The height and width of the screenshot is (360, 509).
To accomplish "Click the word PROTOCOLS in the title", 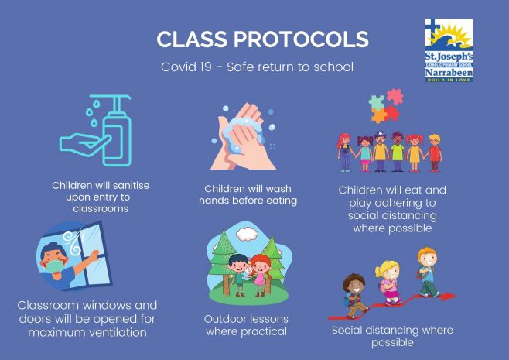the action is tap(301, 39).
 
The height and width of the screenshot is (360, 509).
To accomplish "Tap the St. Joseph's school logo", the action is tap(449, 50).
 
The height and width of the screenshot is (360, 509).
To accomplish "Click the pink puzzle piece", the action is tap(395, 97).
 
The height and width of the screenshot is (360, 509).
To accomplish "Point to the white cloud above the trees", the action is tap(247, 234).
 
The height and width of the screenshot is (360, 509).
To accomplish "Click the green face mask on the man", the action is tap(54, 266).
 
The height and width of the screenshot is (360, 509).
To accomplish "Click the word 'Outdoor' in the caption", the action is tap(223, 319).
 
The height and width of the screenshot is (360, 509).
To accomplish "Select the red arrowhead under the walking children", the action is tap(449, 296).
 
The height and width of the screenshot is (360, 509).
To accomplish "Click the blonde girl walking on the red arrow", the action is tap(389, 283).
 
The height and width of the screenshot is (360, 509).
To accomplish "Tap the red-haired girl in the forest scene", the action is tap(261, 275).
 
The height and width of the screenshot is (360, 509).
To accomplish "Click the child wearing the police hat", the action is tap(380, 151).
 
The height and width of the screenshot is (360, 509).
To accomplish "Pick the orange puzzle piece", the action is tap(379, 115).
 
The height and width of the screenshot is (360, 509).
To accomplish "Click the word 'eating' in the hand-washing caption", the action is tap(282, 201).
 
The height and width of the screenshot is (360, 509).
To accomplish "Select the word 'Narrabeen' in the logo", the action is tap(449, 72).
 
